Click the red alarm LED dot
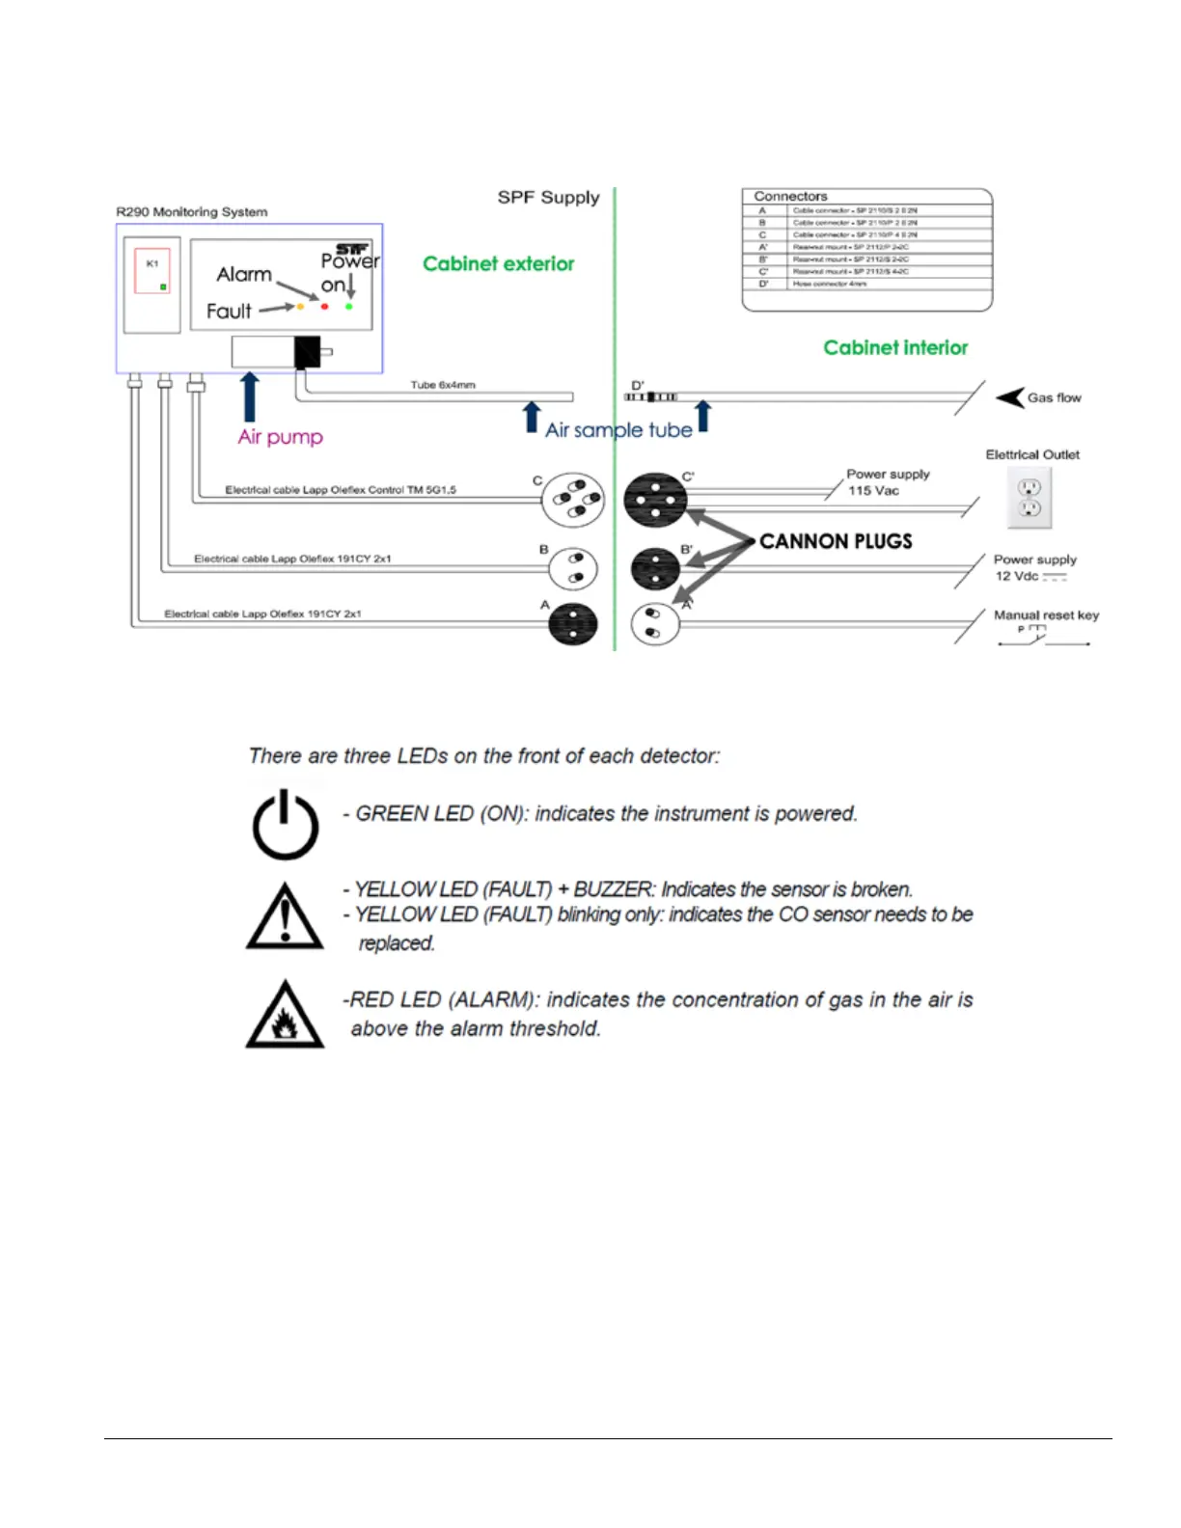point(325,307)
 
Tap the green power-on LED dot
point(349,307)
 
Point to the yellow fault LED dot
point(301,307)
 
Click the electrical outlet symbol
point(1030,498)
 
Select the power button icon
point(286,825)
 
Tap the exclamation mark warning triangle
point(285,916)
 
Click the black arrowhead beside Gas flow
point(1010,397)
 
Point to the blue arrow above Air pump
point(250,396)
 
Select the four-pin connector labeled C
point(573,500)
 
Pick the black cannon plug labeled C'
point(655,500)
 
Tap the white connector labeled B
point(573,568)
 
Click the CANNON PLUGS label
point(836,541)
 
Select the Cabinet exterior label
point(498,264)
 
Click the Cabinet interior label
point(895,348)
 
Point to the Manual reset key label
point(1046,615)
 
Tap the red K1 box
point(152,272)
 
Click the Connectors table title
point(790,196)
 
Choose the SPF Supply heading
point(548,198)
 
